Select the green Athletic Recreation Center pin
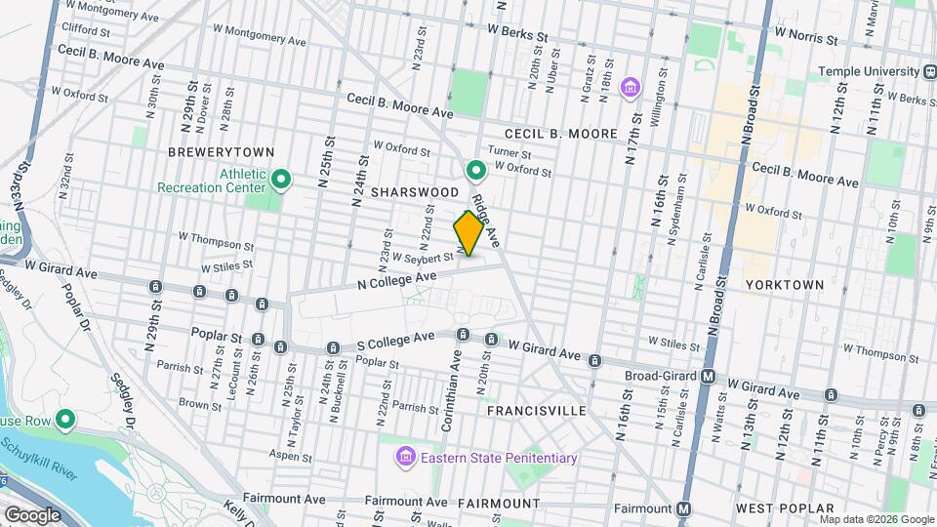click(282, 179)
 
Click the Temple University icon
click(930, 71)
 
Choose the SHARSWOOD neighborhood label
click(415, 193)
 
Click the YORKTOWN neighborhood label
click(785, 284)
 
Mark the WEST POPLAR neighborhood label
click(785, 508)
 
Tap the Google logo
click(33, 514)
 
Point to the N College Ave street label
click(396, 280)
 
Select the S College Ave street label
click(395, 339)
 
